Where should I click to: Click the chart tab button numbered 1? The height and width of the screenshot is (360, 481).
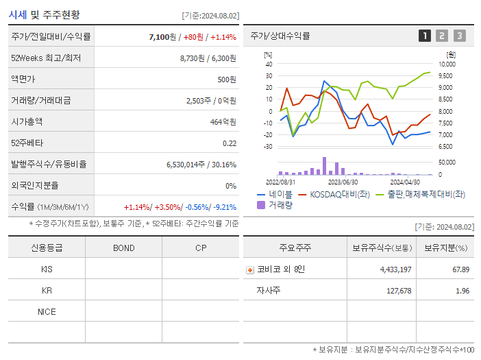[x=425, y=36]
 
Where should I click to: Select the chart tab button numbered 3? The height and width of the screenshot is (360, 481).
[x=459, y=36]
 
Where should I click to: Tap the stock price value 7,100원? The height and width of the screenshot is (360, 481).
[x=164, y=36]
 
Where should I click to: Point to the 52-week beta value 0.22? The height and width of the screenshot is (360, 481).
[x=230, y=143]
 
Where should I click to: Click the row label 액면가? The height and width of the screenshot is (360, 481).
[x=23, y=79]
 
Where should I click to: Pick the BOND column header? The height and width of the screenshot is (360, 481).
[x=123, y=248]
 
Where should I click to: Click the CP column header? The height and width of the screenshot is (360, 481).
[x=201, y=248]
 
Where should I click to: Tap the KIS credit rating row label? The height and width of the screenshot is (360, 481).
[x=47, y=269]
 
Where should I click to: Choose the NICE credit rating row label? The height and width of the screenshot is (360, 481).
[x=47, y=312]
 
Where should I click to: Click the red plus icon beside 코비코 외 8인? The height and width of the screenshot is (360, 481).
[x=250, y=269]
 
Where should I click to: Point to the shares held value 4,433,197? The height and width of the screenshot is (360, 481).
[x=395, y=269]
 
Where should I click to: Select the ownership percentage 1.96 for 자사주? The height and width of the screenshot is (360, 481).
[x=463, y=291]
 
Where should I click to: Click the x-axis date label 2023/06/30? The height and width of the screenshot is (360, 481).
[x=343, y=182]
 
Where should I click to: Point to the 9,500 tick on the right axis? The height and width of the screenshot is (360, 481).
[x=445, y=76]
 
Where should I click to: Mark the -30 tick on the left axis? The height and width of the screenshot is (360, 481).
[x=268, y=147]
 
